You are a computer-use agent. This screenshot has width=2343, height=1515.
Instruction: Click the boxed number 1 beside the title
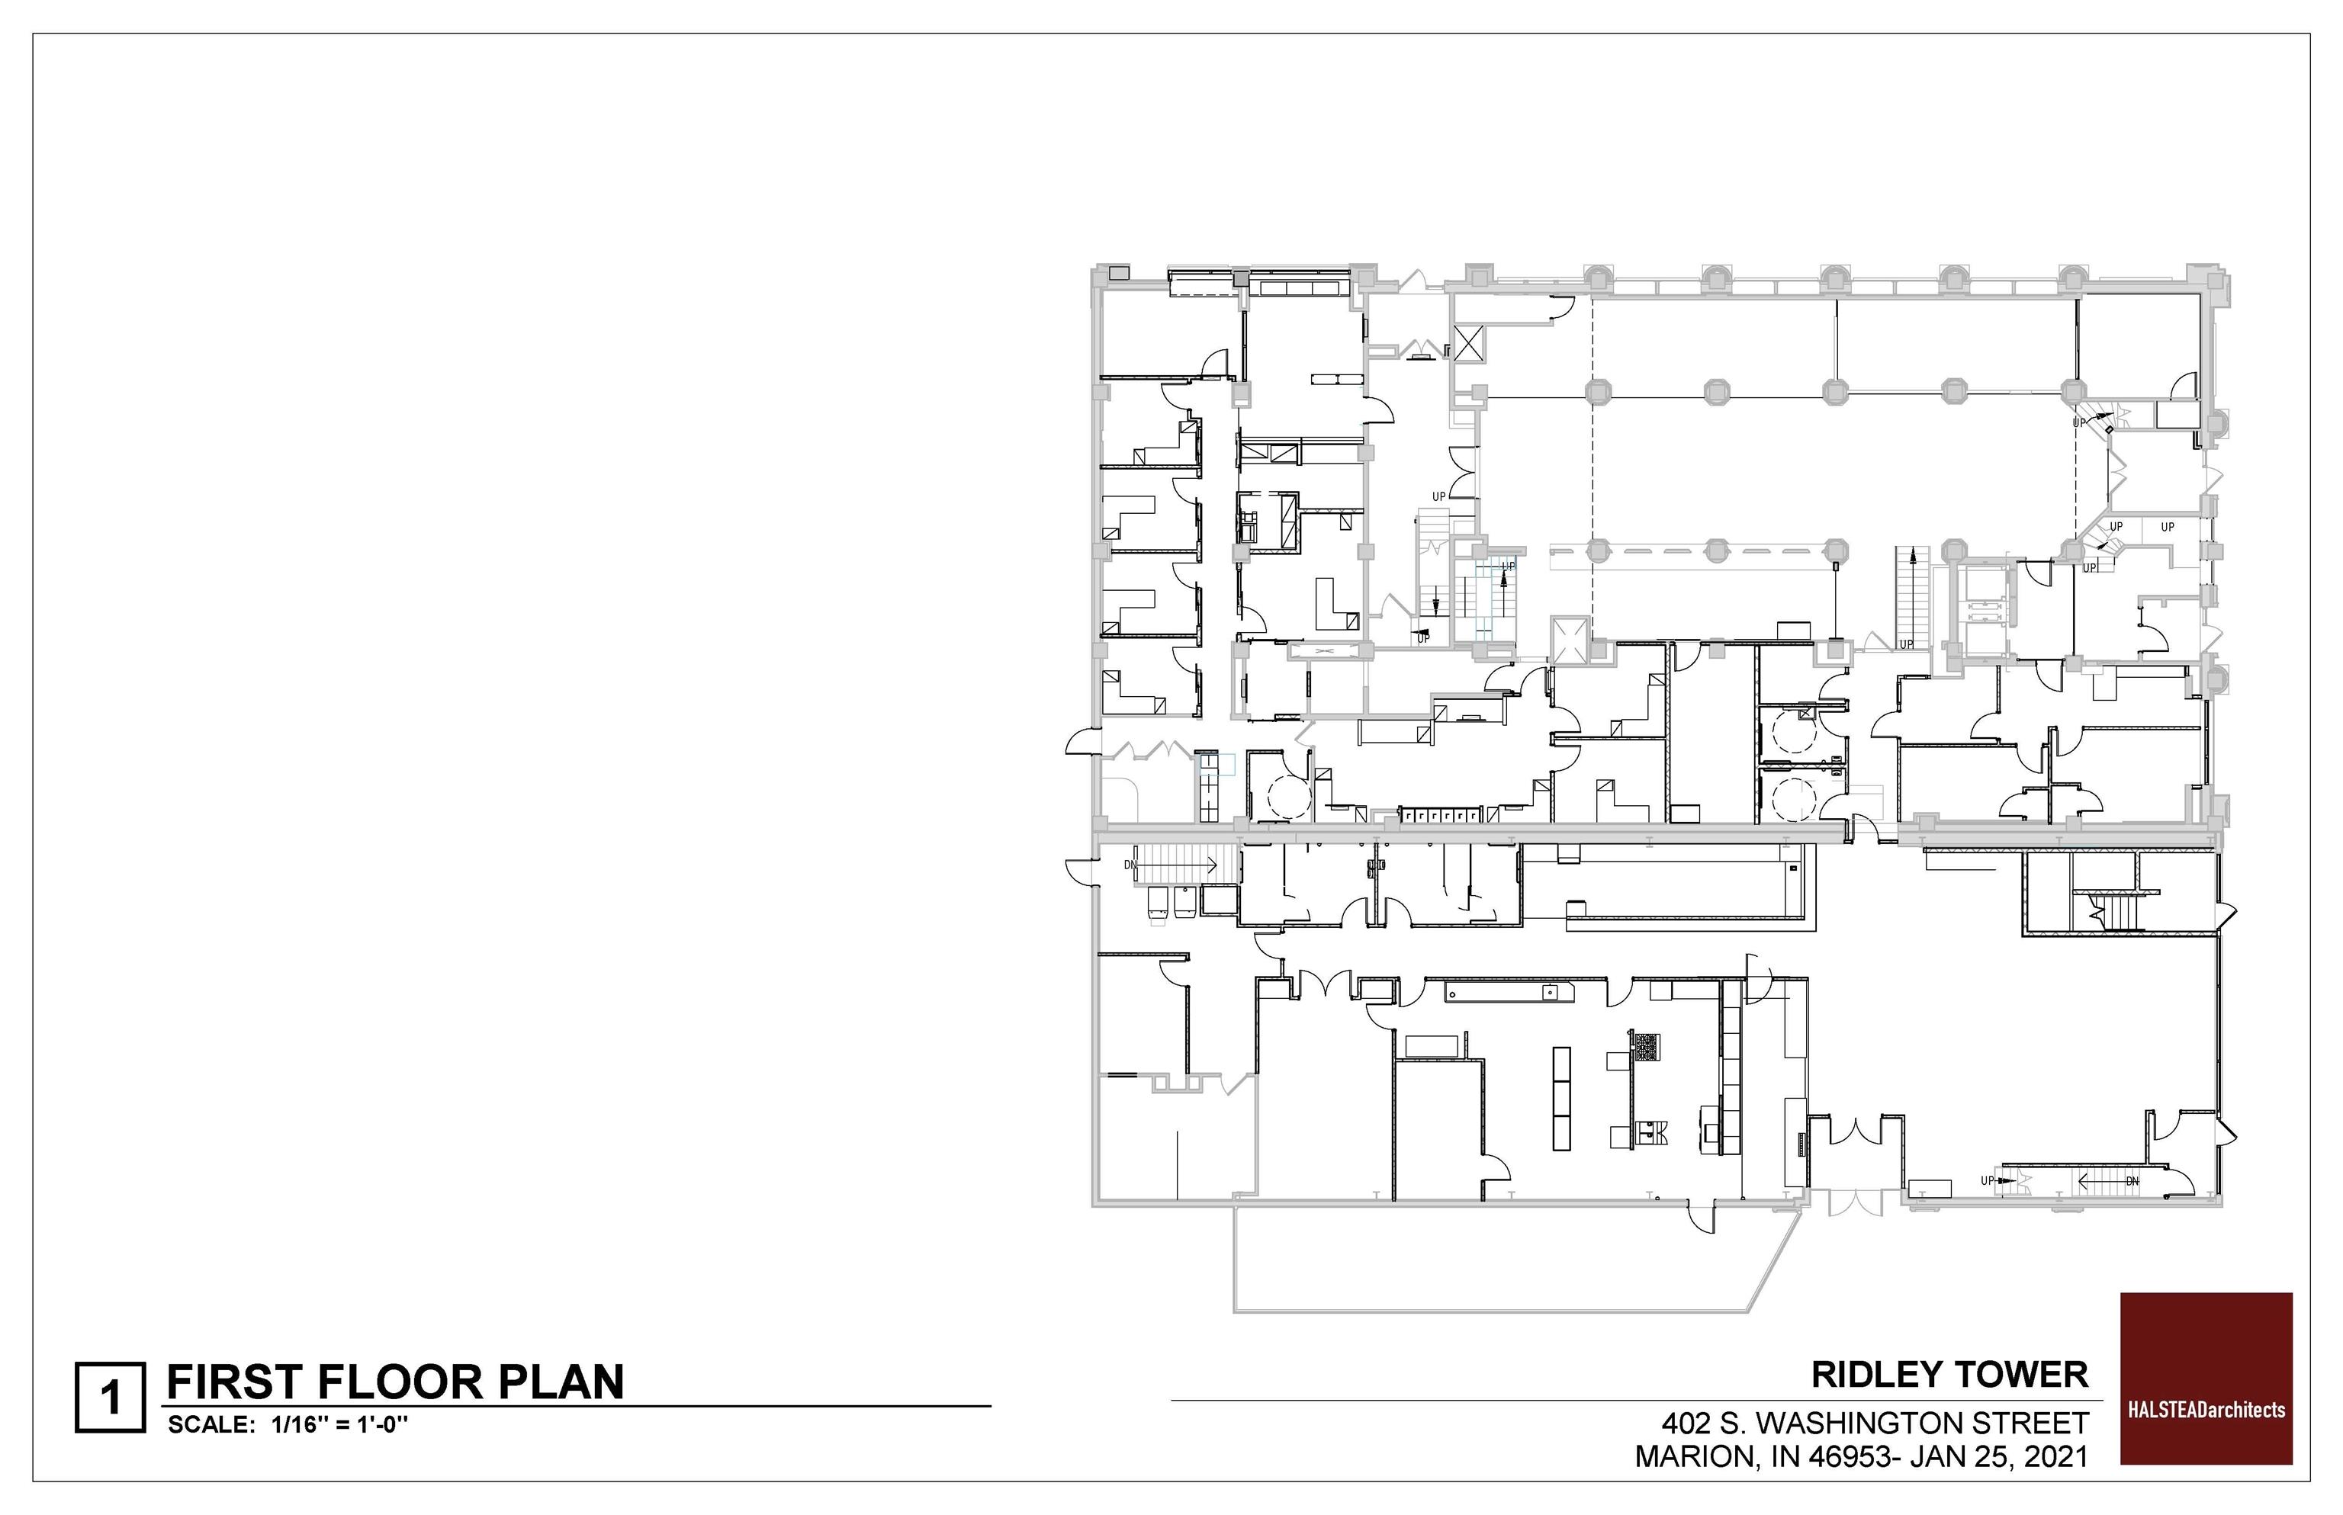[x=111, y=1397]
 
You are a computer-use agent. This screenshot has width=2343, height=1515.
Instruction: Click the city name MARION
[x=1695, y=1457]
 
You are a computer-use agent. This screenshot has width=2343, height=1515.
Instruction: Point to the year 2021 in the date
[x=2055, y=1457]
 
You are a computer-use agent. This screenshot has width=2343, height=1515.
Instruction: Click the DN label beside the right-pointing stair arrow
[x=1130, y=865]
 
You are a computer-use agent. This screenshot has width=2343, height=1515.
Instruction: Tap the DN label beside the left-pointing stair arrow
[x=2132, y=1180]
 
